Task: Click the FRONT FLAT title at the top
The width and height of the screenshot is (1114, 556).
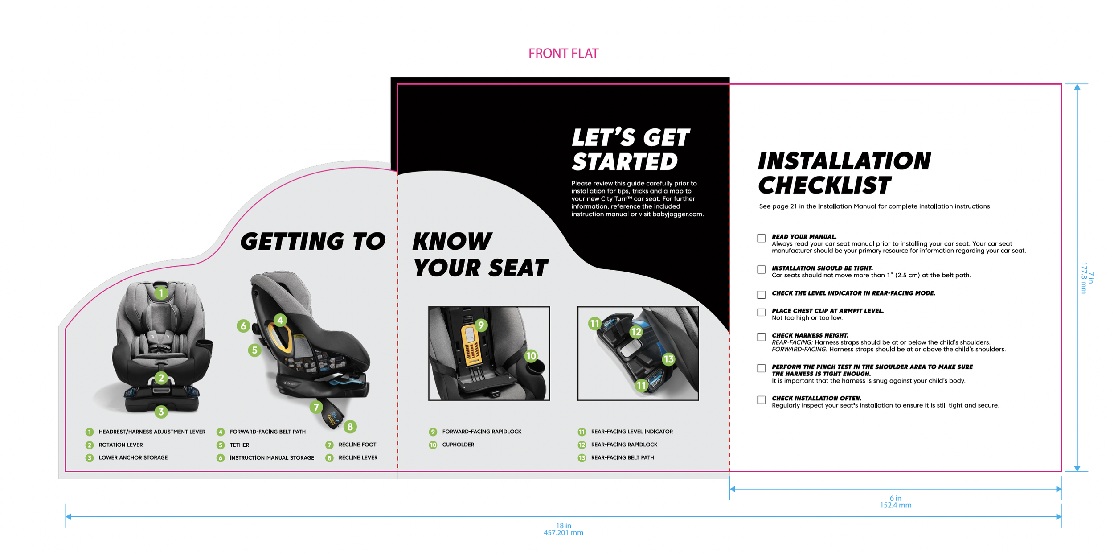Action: [563, 54]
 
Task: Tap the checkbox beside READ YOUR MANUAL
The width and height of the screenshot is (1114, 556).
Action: [761, 238]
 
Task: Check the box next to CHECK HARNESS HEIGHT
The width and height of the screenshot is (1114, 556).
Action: [761, 337]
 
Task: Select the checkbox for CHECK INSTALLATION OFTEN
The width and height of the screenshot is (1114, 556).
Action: [761, 399]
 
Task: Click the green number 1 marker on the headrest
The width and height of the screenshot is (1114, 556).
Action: [161, 293]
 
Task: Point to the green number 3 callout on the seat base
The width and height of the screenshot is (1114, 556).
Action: [161, 411]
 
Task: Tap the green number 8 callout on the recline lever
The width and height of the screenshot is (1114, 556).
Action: [350, 427]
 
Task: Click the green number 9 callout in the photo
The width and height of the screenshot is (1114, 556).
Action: [480, 325]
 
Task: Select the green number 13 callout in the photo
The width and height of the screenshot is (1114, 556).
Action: [668, 359]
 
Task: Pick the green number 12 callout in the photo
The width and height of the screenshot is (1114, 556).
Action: [636, 332]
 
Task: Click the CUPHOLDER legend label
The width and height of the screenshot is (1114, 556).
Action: [458, 445]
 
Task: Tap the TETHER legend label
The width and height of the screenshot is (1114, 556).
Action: [239, 445]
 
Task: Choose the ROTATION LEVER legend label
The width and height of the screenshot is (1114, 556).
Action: [121, 445]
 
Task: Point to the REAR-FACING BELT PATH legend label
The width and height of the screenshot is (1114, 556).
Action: [623, 457]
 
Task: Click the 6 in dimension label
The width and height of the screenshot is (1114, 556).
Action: [895, 498]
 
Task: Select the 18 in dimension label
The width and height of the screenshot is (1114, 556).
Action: [563, 526]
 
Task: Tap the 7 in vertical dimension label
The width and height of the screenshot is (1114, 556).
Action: [1090, 278]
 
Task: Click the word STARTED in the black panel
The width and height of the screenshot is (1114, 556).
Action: [625, 161]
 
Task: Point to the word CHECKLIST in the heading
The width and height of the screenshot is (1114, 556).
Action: [824, 185]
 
